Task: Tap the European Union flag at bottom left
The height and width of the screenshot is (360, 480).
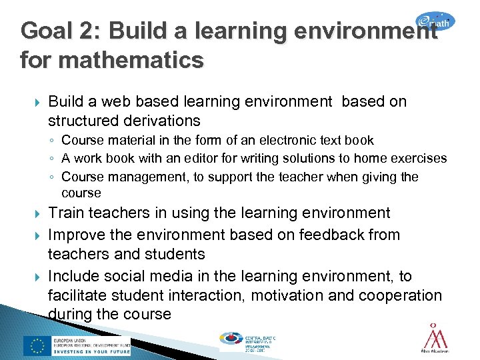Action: click(37, 345)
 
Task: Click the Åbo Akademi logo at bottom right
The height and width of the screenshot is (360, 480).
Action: click(435, 339)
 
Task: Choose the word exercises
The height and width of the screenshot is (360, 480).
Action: click(434, 159)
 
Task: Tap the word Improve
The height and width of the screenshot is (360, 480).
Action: click(77, 235)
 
